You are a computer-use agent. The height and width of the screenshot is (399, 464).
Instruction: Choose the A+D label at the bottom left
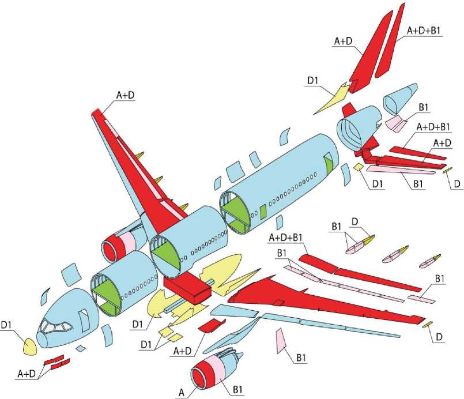pyautogui.click(x=27, y=374)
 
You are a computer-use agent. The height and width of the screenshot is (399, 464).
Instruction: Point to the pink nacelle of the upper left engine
pyautogui.click(x=126, y=239)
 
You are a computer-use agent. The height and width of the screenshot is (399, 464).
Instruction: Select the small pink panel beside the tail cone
pyautogui.click(x=393, y=122)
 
